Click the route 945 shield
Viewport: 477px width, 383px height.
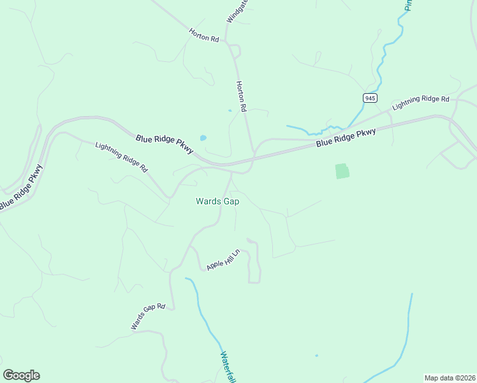371,98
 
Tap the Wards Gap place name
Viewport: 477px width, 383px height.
217,201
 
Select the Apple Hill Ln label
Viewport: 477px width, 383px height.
223,260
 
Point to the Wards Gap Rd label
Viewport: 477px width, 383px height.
148,317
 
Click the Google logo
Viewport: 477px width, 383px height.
21,375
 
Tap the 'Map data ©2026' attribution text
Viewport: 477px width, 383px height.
450,378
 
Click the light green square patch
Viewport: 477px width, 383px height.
342,171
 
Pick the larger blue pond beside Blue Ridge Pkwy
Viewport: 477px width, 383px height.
203,137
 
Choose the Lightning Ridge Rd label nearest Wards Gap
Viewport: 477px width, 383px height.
121,157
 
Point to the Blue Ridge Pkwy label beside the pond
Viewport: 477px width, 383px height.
165,142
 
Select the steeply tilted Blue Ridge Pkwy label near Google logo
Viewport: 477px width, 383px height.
20,188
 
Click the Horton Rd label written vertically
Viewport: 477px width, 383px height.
241,97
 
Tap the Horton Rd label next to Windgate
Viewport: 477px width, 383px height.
204,35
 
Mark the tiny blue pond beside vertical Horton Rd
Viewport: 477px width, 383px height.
230,110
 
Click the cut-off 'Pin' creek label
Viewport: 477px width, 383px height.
409,4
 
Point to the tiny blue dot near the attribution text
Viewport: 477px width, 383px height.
316,356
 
